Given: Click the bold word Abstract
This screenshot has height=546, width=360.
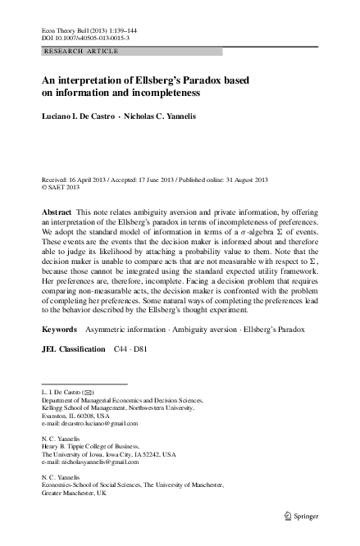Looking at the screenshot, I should coord(57,212).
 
